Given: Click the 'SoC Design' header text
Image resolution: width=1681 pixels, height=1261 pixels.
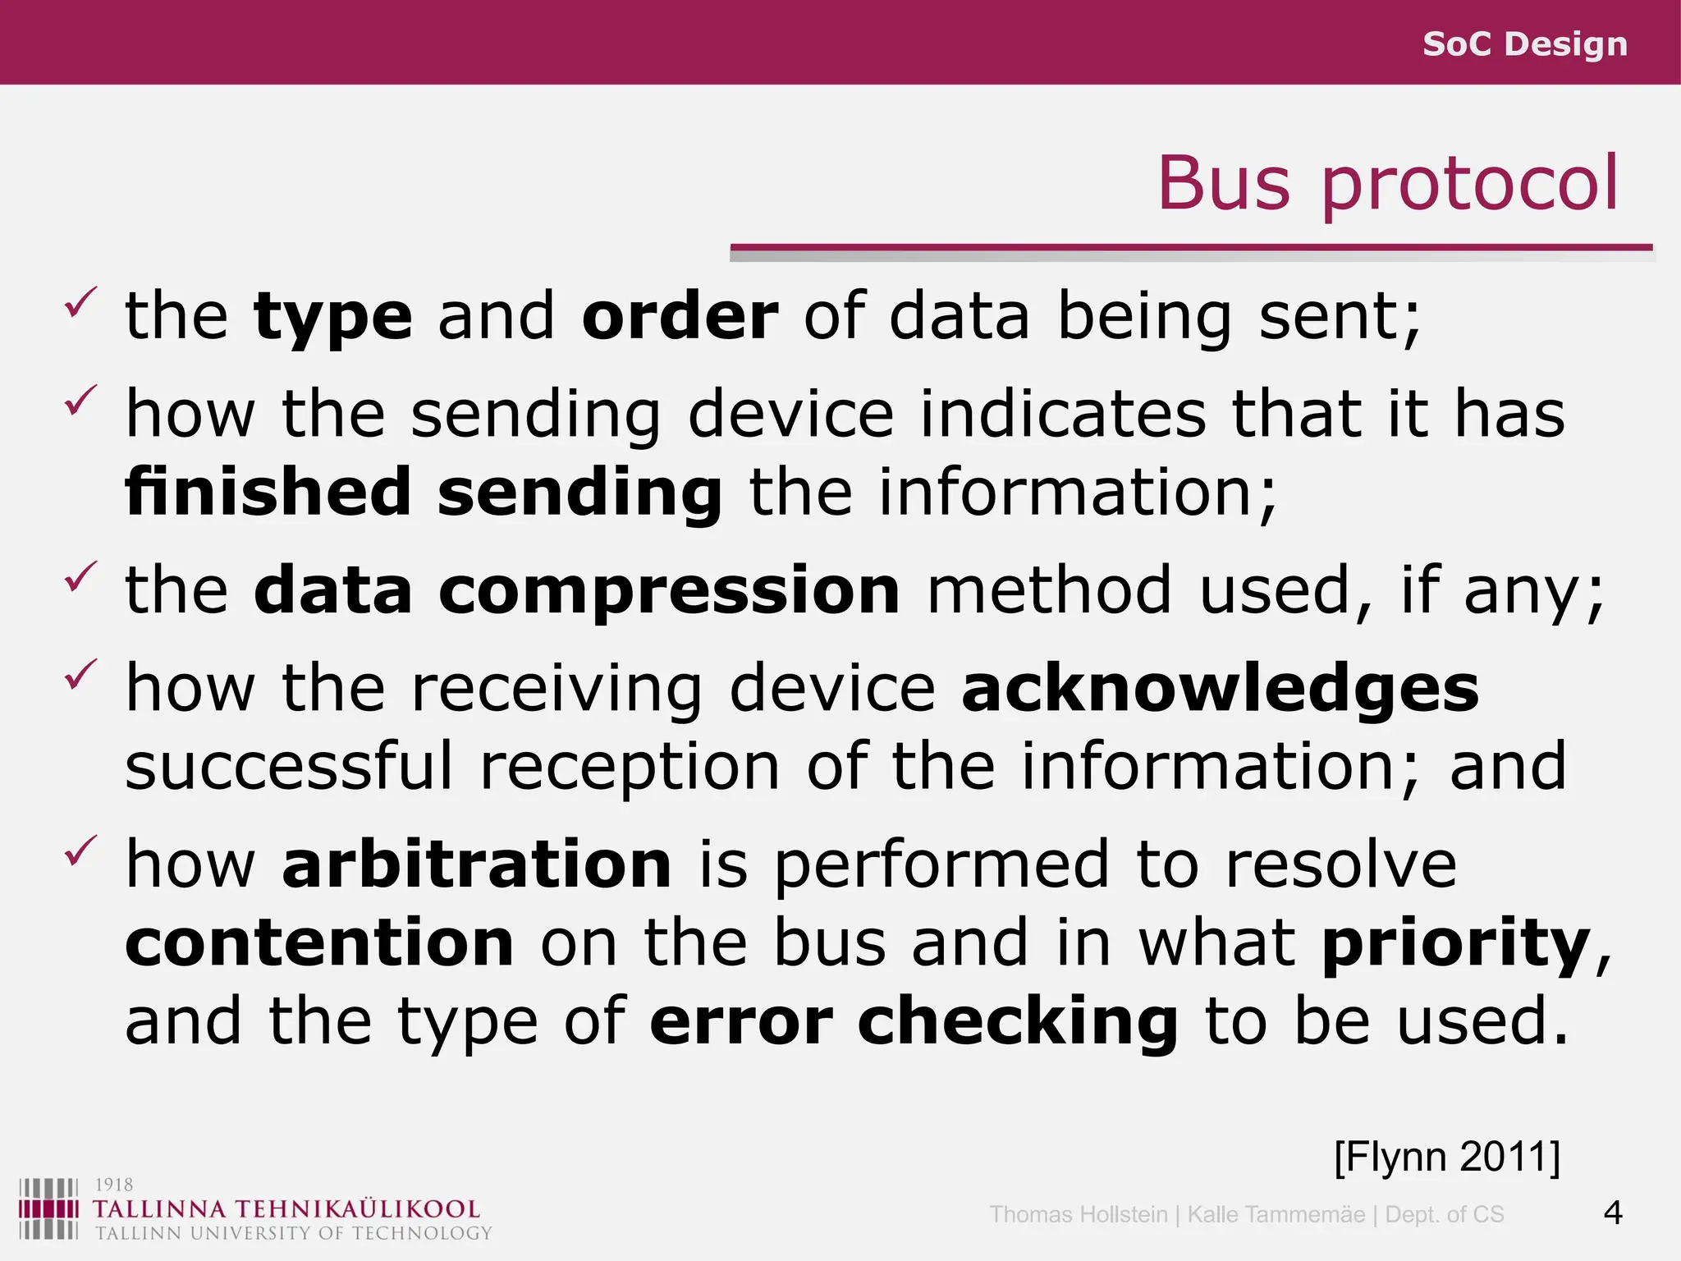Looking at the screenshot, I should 1524,44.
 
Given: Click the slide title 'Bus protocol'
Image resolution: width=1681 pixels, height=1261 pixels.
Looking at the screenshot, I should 1387,183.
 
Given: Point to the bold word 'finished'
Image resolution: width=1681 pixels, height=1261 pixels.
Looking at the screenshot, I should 268,492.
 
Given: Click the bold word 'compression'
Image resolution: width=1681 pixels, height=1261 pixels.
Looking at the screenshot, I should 669,590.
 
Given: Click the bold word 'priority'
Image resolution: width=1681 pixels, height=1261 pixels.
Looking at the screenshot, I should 1456,944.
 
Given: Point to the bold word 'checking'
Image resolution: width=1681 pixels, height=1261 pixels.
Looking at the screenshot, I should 1018,1021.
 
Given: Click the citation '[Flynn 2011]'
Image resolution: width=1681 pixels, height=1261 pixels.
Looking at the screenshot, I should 1447,1157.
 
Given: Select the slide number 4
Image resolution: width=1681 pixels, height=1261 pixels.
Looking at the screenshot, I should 1612,1213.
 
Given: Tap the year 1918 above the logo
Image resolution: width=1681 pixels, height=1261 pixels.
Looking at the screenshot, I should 114,1185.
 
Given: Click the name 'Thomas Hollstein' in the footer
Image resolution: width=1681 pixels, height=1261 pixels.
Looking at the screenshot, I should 1078,1214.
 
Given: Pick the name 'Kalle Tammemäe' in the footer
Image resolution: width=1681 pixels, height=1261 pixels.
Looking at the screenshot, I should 1276,1214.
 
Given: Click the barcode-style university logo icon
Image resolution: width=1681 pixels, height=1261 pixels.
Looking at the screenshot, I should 48,1208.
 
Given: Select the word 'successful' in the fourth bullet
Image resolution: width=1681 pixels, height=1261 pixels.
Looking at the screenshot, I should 289,766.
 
